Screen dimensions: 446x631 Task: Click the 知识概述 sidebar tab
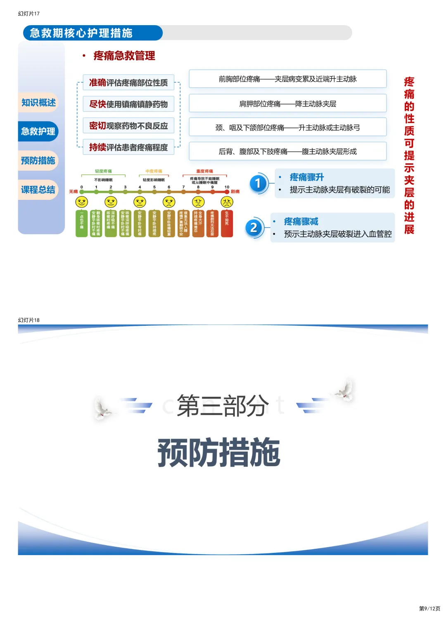[x=38, y=102]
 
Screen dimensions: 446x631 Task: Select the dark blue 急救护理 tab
[x=38, y=131]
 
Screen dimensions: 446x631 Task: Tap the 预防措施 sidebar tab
[x=38, y=161]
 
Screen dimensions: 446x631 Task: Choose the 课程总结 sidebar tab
[x=38, y=190]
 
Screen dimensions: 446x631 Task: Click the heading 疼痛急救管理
[x=124, y=56]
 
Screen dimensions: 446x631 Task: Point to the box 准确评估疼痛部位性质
[x=128, y=83]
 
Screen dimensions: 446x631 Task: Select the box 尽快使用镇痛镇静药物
[x=128, y=104]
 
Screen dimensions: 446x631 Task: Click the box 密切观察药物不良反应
[x=128, y=126]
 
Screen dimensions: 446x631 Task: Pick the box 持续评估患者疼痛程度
[x=128, y=147]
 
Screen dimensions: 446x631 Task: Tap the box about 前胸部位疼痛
[x=287, y=79]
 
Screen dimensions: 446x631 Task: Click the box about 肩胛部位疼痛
[x=287, y=104]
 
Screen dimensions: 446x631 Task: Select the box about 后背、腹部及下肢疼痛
[x=287, y=152]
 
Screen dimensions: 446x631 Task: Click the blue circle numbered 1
[x=258, y=183]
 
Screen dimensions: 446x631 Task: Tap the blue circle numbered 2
[x=254, y=228]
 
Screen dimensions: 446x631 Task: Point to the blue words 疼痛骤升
[x=307, y=177]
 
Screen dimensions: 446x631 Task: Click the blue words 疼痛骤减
[x=301, y=222]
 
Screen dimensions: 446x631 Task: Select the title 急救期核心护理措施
[x=81, y=33]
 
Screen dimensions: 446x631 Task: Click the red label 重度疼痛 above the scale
[x=204, y=171]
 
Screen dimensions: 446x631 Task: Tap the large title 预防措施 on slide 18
[x=219, y=452]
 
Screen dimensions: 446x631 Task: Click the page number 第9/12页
[x=429, y=608]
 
